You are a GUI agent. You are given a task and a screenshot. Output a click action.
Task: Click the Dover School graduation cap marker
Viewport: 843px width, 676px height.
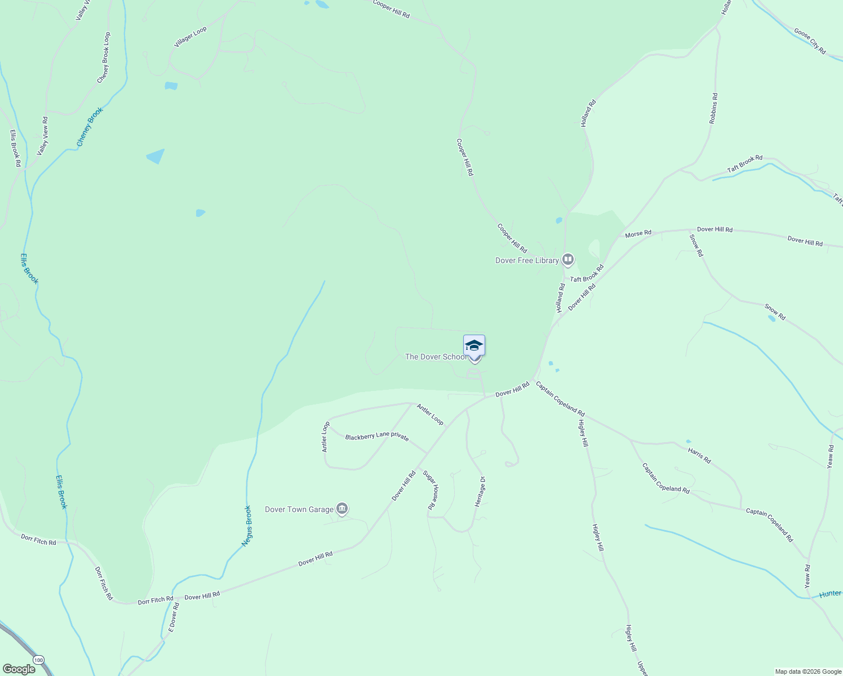click(474, 345)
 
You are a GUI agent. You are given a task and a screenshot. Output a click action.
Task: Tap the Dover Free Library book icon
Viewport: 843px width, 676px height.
click(568, 260)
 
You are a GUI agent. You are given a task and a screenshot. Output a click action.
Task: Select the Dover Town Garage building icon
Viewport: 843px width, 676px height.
click(342, 509)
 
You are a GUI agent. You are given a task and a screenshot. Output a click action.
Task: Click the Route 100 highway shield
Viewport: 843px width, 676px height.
click(38, 660)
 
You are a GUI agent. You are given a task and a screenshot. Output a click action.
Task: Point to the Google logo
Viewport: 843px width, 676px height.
click(19, 669)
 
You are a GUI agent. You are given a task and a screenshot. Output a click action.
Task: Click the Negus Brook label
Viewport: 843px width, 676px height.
click(247, 526)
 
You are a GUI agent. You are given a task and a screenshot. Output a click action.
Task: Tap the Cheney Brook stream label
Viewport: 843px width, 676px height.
click(90, 127)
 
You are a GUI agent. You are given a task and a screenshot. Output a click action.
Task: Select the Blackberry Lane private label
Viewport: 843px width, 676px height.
click(377, 437)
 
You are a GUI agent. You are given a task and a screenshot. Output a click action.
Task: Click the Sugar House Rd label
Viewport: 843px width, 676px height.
click(431, 490)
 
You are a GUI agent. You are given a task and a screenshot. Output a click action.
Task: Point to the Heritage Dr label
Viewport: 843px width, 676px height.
click(480, 491)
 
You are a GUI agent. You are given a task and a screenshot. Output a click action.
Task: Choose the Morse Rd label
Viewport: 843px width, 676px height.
click(638, 233)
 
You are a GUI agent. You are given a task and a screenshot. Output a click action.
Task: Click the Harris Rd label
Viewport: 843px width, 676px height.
click(699, 455)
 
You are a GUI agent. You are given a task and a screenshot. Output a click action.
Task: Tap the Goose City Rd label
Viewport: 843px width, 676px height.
click(810, 41)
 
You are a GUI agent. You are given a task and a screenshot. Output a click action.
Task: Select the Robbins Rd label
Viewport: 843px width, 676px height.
click(713, 108)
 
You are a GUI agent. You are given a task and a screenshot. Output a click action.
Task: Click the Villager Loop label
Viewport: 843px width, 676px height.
click(190, 37)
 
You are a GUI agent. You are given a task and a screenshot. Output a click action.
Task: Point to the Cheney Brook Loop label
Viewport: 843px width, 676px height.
click(104, 57)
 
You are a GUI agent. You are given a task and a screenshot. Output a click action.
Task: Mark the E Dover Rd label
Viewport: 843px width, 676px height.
click(174, 616)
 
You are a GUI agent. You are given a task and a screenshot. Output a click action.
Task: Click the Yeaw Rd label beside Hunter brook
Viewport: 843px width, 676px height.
click(807, 576)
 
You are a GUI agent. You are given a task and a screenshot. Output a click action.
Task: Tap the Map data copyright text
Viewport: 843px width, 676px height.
click(807, 671)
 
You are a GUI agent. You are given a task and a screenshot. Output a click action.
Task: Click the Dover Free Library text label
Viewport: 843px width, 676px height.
click(527, 260)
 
